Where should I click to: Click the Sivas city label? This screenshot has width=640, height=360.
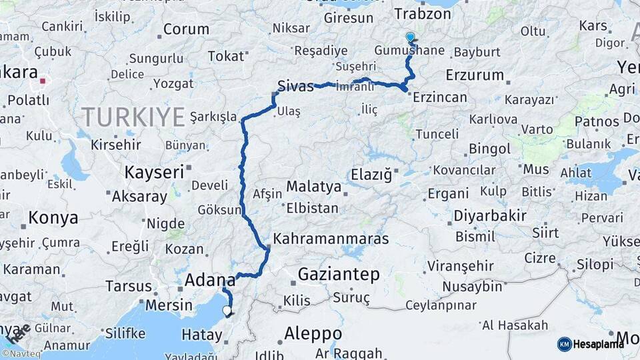(x=296, y=86)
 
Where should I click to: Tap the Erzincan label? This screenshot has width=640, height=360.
(x=440, y=97)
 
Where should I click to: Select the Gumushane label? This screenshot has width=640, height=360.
(x=409, y=51)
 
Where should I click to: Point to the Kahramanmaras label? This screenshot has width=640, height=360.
(x=331, y=238)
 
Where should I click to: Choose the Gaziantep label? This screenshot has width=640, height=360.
(x=339, y=273)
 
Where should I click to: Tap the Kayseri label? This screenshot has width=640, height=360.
(x=154, y=172)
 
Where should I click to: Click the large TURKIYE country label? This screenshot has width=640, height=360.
(x=133, y=117)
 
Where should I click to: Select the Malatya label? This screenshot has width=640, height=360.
(x=314, y=186)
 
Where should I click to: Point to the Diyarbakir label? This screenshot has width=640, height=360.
(x=491, y=216)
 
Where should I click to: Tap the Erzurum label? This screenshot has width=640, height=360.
(x=475, y=74)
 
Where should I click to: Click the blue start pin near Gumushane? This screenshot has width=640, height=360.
(x=410, y=38)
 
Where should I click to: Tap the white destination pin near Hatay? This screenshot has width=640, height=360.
(x=227, y=310)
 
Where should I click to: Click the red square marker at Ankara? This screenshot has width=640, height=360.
(x=43, y=81)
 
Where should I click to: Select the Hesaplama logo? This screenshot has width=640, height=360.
(x=591, y=344)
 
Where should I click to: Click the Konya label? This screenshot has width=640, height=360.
(x=53, y=217)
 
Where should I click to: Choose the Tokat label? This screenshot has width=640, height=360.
(x=226, y=56)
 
